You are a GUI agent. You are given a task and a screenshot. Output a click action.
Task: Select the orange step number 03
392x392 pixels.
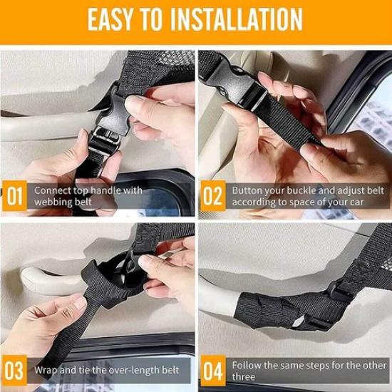[x=15, y=371]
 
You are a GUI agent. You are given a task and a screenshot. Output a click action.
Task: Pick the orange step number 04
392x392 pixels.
[x=212, y=371]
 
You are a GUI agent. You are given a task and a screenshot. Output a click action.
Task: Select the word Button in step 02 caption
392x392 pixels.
[x=247, y=191]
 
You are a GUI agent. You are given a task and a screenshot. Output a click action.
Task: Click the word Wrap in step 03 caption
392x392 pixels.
[x=47, y=371]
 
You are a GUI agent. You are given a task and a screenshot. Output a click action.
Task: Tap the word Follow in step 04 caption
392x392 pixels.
[x=247, y=364]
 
